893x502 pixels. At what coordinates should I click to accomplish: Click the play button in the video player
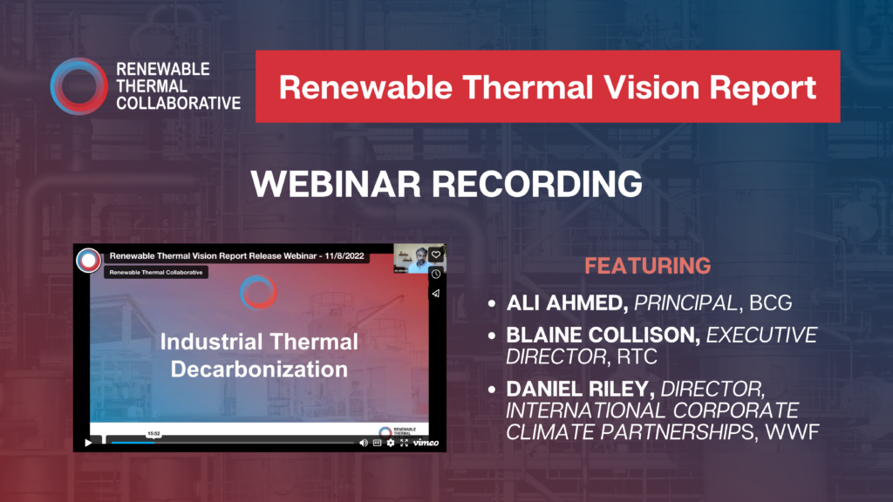point(88,443)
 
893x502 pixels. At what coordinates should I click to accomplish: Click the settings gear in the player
point(390,443)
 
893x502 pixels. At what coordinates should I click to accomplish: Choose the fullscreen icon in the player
point(404,443)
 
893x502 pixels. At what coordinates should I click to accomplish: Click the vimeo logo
point(426,443)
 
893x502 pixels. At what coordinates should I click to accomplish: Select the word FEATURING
point(647,266)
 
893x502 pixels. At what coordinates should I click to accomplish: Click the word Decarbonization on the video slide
point(259,368)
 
